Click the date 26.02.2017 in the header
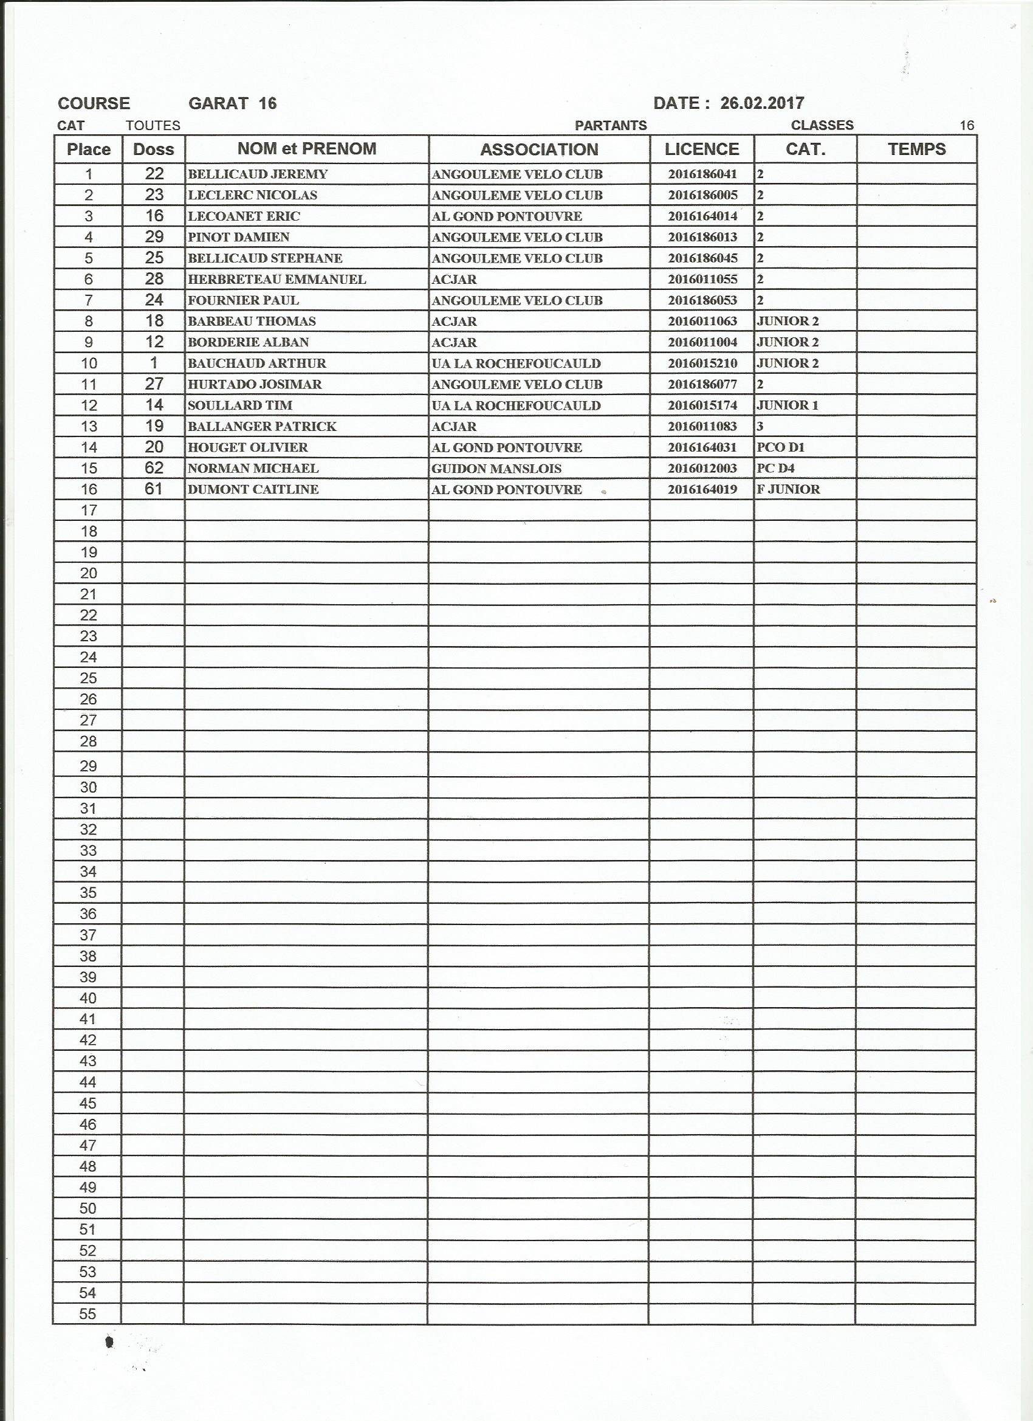762,103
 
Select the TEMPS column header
916,149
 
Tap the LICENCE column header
702,149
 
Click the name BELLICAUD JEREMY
258,174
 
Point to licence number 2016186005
702,195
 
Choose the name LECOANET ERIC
244,216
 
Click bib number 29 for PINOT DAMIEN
154,237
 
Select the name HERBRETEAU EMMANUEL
276,280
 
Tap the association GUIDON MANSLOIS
496,469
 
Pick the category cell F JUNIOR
788,489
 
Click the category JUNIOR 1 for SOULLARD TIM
788,405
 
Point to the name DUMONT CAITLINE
253,489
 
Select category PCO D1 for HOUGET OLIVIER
781,447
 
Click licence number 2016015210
702,363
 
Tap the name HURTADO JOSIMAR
255,384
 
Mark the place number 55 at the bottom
88,1314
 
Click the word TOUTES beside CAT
153,125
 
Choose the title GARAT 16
232,103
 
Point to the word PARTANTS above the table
610,125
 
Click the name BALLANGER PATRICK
262,427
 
